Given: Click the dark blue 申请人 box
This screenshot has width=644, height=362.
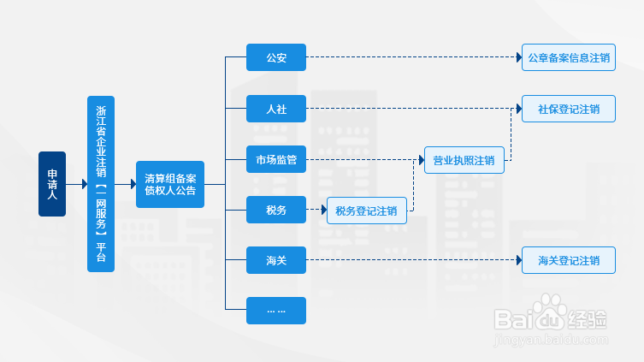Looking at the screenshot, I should [52, 184].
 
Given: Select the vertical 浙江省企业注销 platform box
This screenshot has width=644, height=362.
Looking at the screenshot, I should [101, 184].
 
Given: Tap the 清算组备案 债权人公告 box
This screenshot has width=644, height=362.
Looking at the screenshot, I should [170, 184].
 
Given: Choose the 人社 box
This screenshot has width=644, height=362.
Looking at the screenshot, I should [276, 109].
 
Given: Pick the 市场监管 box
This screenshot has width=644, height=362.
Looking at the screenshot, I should [276, 159].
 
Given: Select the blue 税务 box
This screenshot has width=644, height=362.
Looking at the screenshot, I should [276, 210].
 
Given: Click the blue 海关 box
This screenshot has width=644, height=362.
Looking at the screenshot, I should [276, 259].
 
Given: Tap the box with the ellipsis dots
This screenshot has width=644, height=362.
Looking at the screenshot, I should [276, 310].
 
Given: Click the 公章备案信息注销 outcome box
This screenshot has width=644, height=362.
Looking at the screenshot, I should [569, 58].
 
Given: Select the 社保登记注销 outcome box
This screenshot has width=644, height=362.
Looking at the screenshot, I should [569, 109].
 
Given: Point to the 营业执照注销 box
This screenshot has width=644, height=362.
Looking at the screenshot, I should [464, 160].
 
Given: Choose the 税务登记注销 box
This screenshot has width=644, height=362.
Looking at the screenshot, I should [366, 211].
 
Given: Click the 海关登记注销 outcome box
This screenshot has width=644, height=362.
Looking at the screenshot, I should [569, 260].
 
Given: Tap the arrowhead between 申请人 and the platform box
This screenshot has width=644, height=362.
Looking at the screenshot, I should [84, 184].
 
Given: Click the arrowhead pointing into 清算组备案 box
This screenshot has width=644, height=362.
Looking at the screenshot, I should [133, 184].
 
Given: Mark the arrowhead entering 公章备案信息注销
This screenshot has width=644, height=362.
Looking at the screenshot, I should [518, 58].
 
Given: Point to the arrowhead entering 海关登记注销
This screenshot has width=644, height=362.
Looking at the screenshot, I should [518, 260].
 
